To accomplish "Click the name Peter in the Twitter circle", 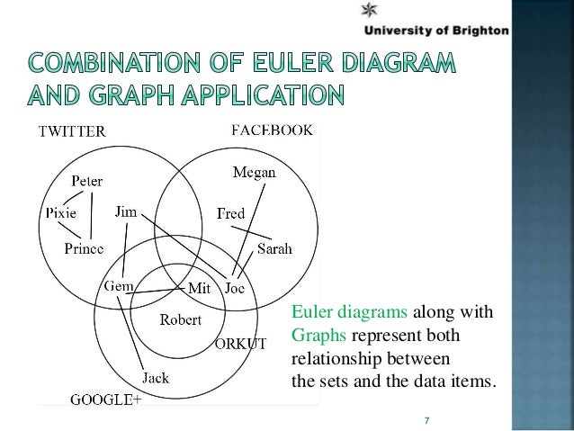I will pyautogui.click(x=87, y=180).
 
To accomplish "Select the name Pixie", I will pyautogui.click(x=60, y=213).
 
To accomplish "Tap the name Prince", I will pyautogui.click(x=84, y=247).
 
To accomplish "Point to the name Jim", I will pyautogui.click(x=126, y=212).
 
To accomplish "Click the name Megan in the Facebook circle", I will pyautogui.click(x=254, y=173).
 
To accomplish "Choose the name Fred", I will pyautogui.click(x=231, y=213).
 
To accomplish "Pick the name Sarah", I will pyautogui.click(x=274, y=249).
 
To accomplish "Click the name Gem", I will pyautogui.click(x=120, y=285).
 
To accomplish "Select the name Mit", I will pyautogui.click(x=198, y=289).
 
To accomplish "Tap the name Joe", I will pyautogui.click(x=235, y=289).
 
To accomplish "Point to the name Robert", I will pyautogui.click(x=181, y=319).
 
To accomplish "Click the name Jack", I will pyautogui.click(x=155, y=378).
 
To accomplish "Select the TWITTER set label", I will pyautogui.click(x=71, y=131).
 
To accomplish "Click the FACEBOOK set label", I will pyautogui.click(x=273, y=130).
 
